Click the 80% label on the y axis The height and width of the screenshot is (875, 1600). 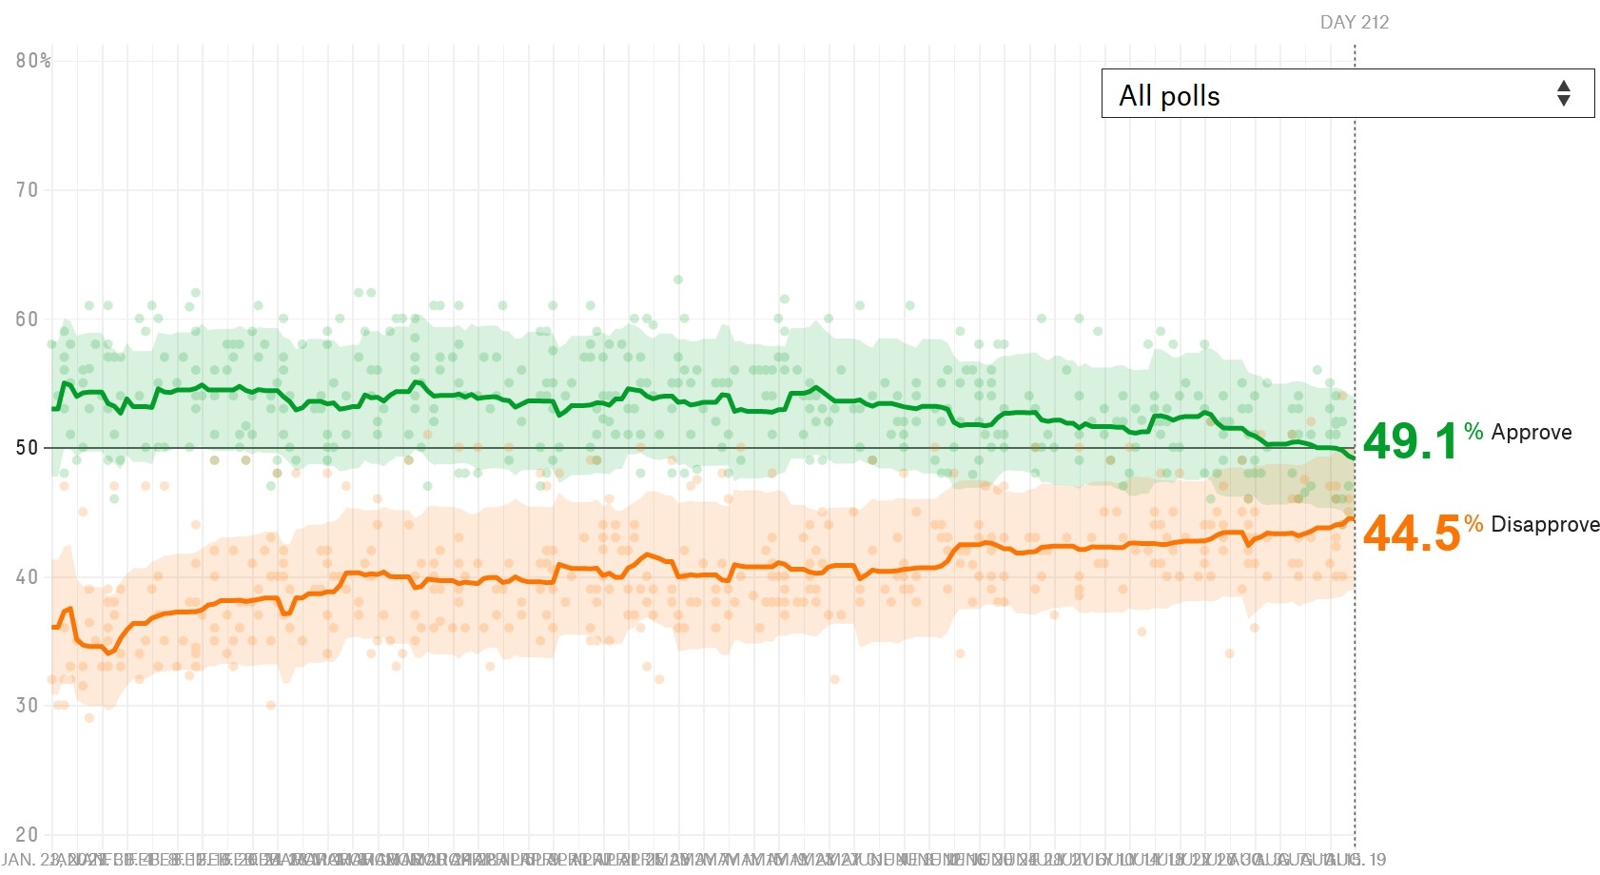tap(32, 61)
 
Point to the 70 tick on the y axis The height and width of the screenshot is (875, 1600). tap(27, 190)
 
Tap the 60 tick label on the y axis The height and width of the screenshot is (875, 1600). tap(27, 320)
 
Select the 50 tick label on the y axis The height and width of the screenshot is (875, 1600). tap(27, 448)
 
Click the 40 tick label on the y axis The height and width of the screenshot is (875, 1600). tap(27, 577)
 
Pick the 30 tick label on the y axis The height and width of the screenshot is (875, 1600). tap(27, 706)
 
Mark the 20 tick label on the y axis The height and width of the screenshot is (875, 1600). tap(27, 835)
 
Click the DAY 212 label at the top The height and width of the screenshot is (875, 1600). tap(1354, 23)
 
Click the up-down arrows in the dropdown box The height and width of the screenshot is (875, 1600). tap(1563, 93)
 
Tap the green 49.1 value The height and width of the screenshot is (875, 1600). tap(1410, 441)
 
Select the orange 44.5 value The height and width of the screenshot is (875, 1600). tap(1411, 533)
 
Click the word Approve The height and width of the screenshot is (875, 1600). tap(1531, 433)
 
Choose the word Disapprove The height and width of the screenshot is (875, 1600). tap(1544, 525)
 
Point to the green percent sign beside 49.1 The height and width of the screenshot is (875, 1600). tap(1473, 431)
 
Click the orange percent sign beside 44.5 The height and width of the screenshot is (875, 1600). tap(1473, 523)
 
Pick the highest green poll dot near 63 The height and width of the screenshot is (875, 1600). tap(678, 280)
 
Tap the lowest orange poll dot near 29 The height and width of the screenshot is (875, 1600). tap(89, 718)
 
